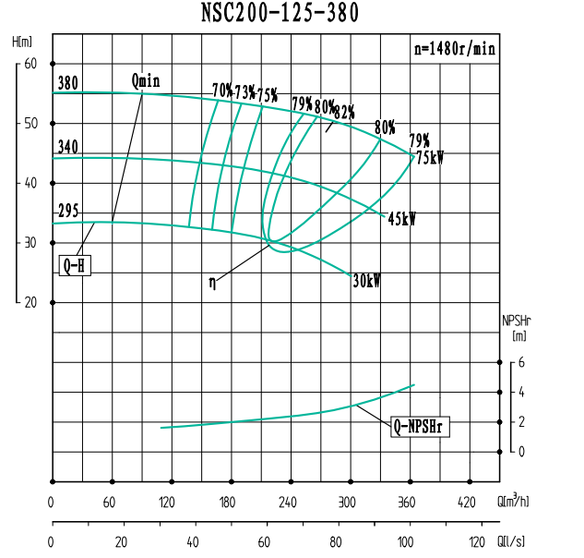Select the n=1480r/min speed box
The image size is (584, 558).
point(453,49)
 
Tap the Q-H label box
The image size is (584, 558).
point(75,266)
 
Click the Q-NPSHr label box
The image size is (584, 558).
point(422,426)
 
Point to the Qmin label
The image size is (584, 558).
point(146,81)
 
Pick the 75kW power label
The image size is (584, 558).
point(429,158)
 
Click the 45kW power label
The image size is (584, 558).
point(401,220)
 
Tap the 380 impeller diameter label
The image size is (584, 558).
point(67,83)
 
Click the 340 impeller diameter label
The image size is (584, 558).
point(67,148)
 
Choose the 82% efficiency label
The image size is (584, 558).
point(344,113)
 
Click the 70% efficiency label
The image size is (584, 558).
point(222,91)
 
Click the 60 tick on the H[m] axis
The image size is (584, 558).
point(30,63)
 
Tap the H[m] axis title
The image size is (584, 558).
point(23,42)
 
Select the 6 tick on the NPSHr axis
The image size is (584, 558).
point(521,363)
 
